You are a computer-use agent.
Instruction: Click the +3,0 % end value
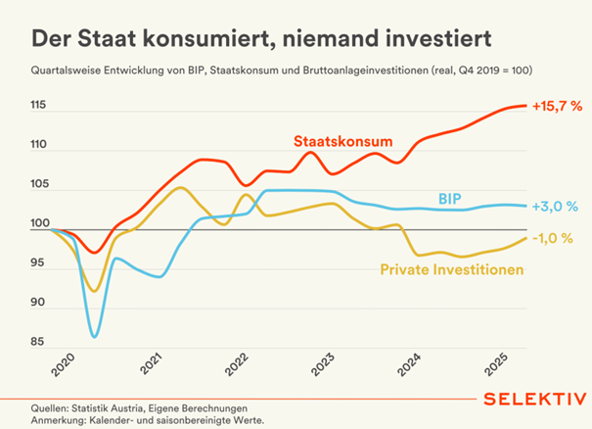(554, 207)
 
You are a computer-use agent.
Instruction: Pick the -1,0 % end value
(554, 238)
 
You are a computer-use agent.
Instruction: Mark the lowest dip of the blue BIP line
(95, 336)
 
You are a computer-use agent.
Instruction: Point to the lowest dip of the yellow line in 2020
(94, 291)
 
